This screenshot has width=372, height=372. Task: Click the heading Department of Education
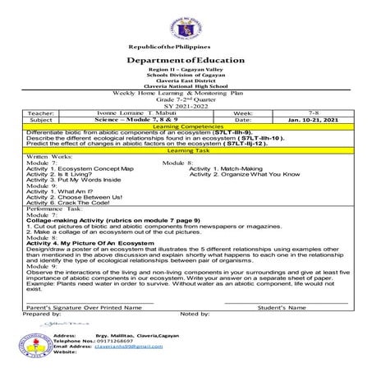tap(186, 60)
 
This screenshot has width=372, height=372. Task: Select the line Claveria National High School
tap(186, 88)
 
